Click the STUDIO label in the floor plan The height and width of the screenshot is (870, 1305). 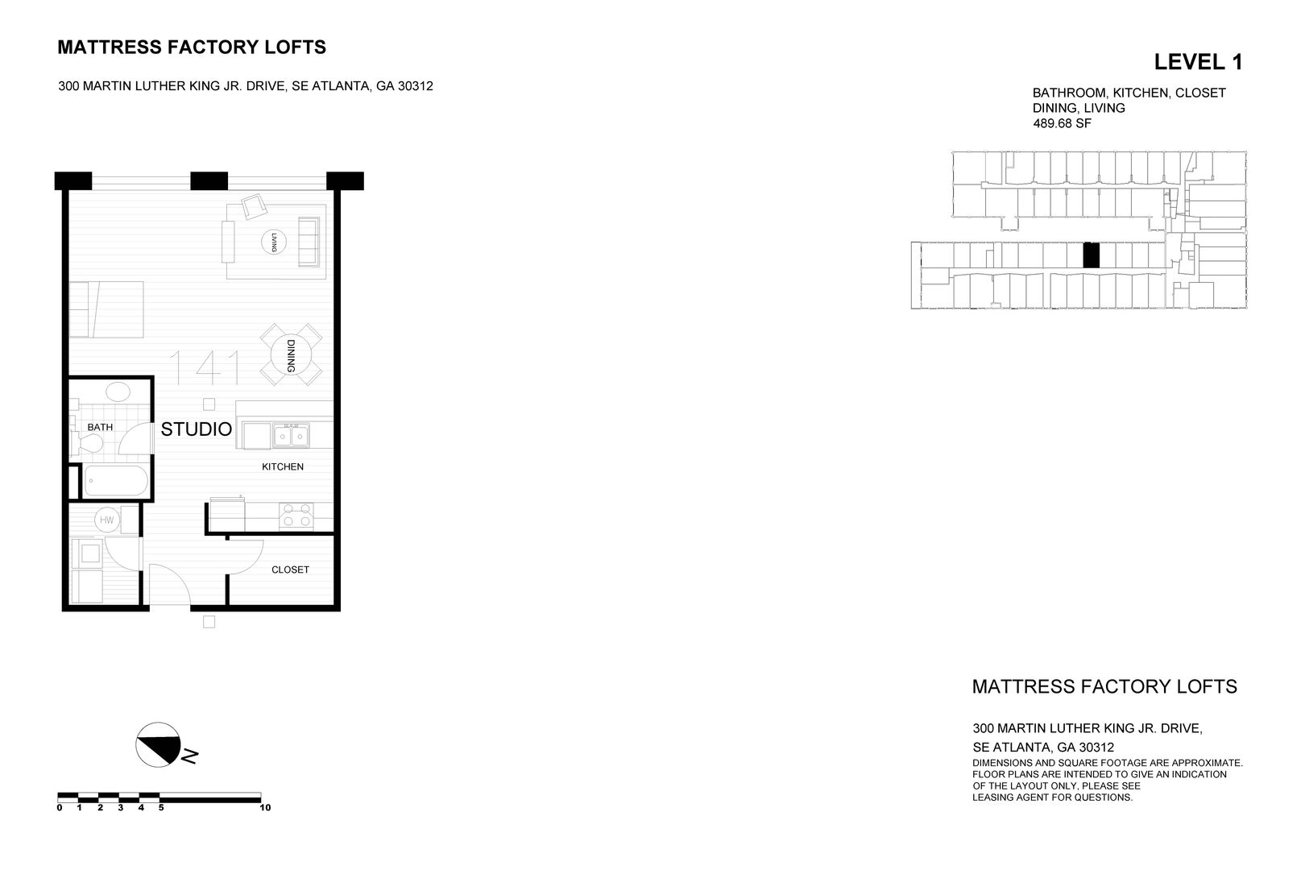tap(197, 429)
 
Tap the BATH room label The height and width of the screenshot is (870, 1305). tap(100, 427)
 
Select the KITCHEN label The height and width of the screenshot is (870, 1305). tap(282, 466)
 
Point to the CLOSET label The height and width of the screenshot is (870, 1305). tap(290, 570)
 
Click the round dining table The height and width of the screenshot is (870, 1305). tap(290, 355)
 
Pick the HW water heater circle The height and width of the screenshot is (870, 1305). tap(106, 521)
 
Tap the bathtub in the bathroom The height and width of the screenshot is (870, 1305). tap(117, 482)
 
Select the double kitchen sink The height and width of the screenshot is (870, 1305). tap(291, 435)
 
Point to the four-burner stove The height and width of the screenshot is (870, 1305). tap(295, 516)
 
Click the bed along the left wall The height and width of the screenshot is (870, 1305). tap(106, 309)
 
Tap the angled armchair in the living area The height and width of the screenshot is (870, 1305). tap(255, 206)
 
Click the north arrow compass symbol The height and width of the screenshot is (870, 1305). tap(158, 744)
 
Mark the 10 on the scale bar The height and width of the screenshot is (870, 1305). tap(265, 807)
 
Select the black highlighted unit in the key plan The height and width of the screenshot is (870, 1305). tap(1091, 255)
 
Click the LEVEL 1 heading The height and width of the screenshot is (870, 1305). tap(1198, 62)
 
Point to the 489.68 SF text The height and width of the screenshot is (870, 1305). tap(1062, 124)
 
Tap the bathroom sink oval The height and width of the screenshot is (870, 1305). tap(118, 392)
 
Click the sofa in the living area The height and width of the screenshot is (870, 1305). tap(308, 241)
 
